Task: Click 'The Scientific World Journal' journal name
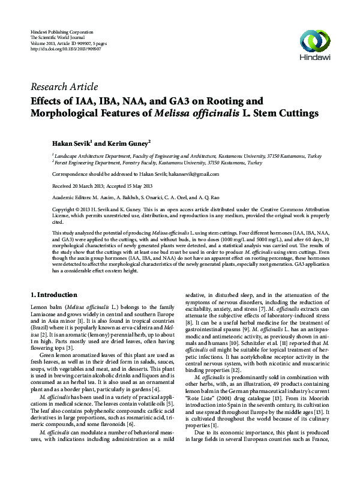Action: pos(59,37)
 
